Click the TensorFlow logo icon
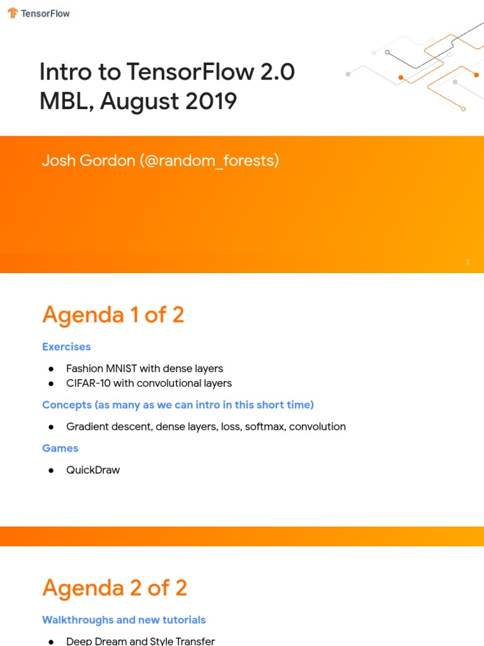[x=13, y=13]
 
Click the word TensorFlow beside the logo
[x=45, y=13]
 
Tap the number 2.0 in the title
[x=276, y=73]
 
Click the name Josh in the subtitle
[x=58, y=161]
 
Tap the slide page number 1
[x=468, y=262]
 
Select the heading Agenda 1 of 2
[x=113, y=314]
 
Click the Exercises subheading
[x=66, y=346]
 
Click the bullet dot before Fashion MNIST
[x=51, y=368]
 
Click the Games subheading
[x=60, y=448]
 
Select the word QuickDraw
[x=93, y=470]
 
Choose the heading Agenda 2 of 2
[x=115, y=588]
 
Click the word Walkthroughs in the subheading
[x=77, y=620]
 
